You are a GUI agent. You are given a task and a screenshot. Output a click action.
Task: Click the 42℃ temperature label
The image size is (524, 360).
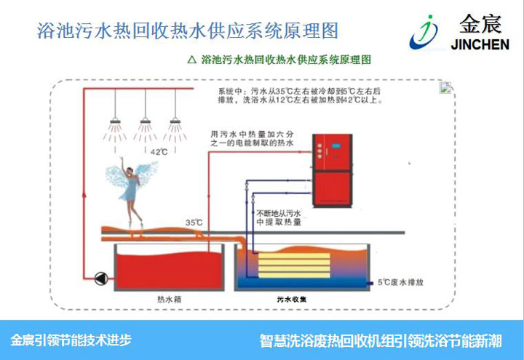point(159,152)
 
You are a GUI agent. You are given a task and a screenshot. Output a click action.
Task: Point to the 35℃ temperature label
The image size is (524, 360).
point(194,223)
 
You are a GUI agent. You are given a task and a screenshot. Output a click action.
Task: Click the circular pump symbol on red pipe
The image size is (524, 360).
point(100,276)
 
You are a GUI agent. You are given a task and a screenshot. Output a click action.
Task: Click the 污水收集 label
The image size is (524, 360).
point(292,298)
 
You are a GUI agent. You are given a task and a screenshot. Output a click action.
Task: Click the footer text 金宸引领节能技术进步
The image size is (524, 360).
point(71,340)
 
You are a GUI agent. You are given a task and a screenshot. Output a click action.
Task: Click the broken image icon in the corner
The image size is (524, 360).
point(446,89)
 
